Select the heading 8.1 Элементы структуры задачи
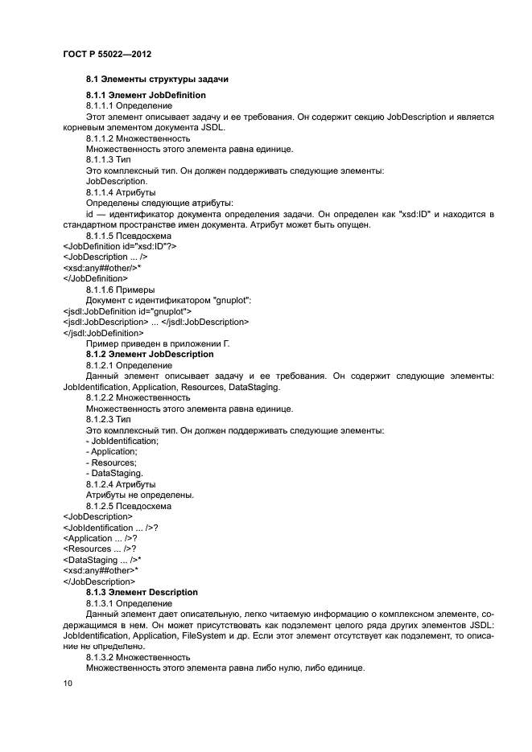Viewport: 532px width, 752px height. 158,80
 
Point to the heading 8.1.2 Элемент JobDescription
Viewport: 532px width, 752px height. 150,354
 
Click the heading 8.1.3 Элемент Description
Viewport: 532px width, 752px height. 146,591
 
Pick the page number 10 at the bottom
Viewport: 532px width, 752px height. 68,683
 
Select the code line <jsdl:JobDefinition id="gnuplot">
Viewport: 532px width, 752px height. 126,310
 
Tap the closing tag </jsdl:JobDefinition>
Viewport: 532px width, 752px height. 103,332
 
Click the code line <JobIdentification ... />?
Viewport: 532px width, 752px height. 110,527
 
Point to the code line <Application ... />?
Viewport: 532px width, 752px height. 100,537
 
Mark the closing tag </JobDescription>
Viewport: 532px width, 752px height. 99,581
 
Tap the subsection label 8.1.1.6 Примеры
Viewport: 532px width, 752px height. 121,289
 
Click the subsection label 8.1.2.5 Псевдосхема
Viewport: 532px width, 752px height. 128,506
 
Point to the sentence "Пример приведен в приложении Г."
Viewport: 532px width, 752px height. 158,343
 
